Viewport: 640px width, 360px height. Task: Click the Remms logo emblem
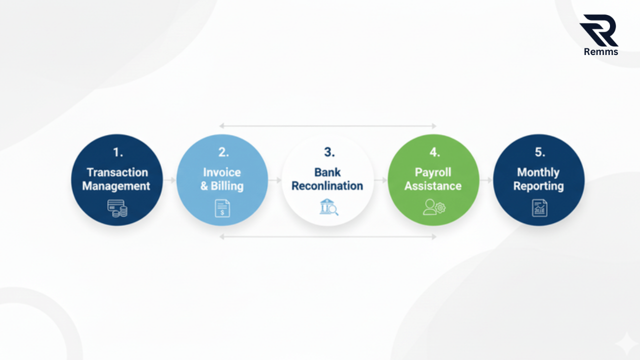coord(599,30)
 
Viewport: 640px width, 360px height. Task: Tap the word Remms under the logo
coord(601,51)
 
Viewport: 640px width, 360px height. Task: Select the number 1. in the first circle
coord(117,152)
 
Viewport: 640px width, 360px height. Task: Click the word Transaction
coord(117,172)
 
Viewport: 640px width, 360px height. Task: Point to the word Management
coord(116,186)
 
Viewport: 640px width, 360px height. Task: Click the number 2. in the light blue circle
coord(223,152)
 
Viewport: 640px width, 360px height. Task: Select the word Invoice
coord(222,172)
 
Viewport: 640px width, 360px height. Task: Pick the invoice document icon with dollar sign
coord(222,207)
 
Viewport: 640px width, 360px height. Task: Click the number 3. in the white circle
coord(329,152)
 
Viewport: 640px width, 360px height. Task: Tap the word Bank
coord(327,172)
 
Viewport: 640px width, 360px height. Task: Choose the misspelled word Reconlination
coord(327,186)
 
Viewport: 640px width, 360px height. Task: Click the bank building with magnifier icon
coord(329,206)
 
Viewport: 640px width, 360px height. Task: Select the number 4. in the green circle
coord(433,152)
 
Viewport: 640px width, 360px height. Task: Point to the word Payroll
coord(433,172)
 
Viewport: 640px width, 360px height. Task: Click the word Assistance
coord(433,186)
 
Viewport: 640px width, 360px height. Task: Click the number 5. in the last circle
coord(539,152)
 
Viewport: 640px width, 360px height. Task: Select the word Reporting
coord(538,186)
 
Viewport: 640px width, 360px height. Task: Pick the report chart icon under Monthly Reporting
coord(539,207)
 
